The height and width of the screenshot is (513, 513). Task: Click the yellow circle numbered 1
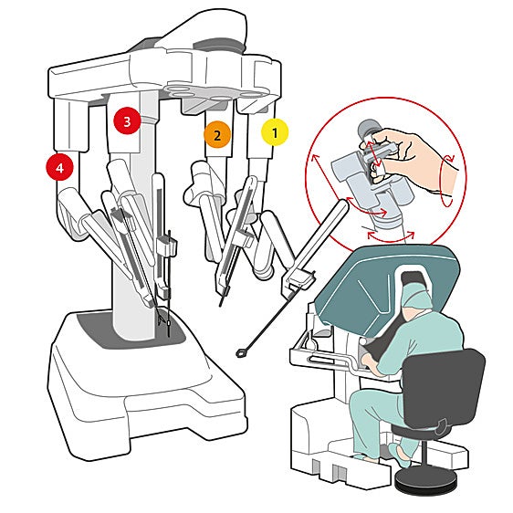pyautogui.click(x=274, y=132)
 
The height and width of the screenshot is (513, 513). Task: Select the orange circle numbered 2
pyautogui.click(x=216, y=136)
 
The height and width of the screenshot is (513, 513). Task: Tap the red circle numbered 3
pyautogui.click(x=126, y=120)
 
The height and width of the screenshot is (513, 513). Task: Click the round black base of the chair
pyautogui.click(x=425, y=480)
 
